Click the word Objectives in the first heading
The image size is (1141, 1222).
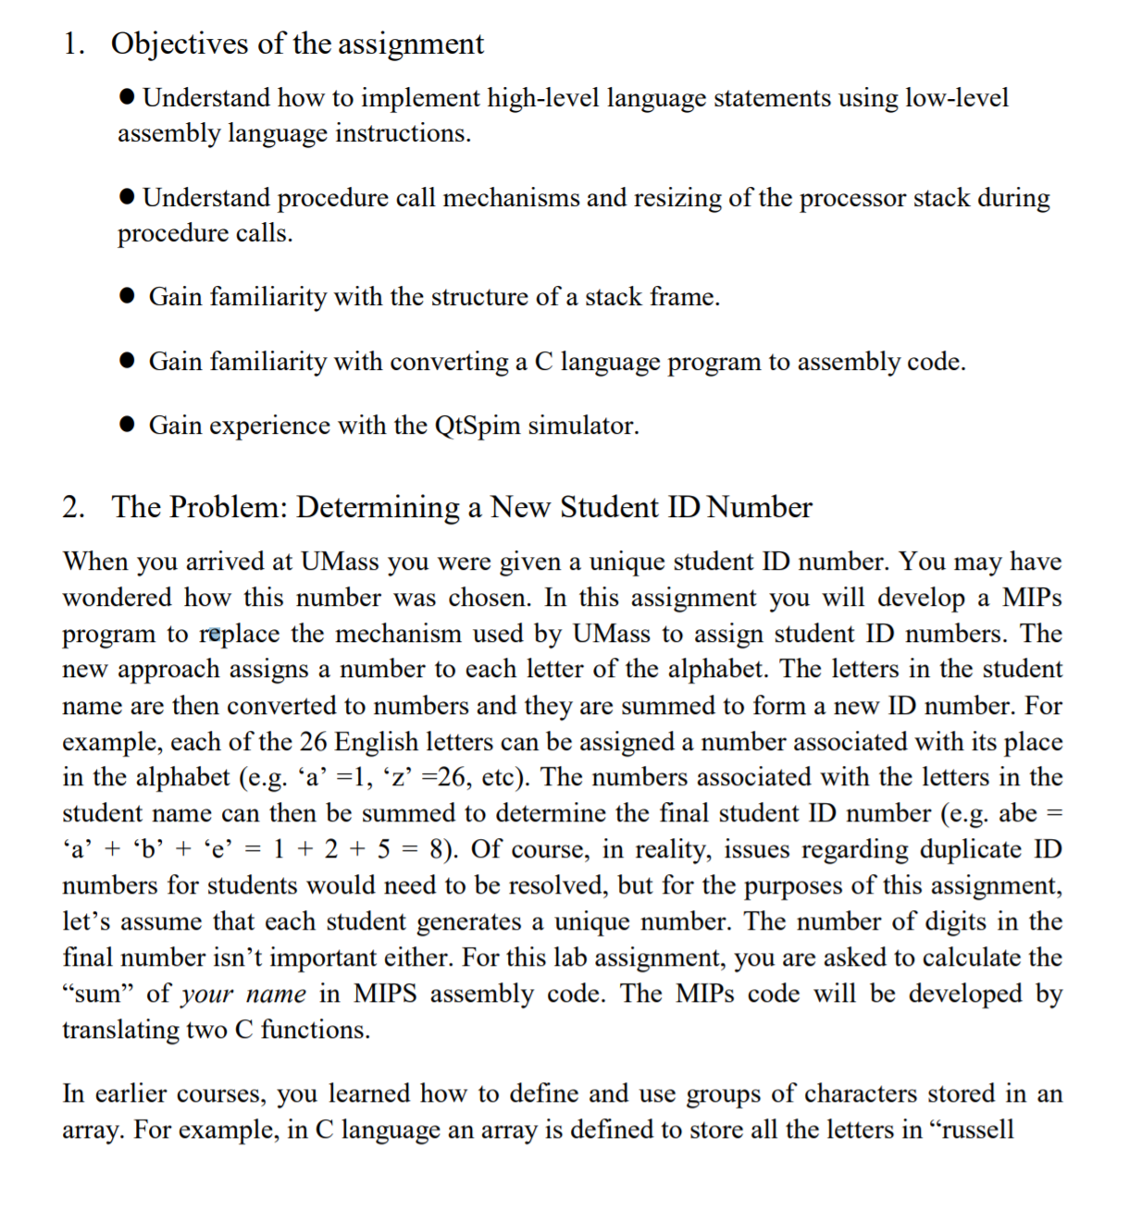[180, 43]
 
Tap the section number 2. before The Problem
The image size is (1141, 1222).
[74, 507]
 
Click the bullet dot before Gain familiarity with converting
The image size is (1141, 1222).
[129, 362]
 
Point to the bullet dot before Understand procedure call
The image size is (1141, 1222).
[129, 198]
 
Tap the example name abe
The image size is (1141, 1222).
[1017, 813]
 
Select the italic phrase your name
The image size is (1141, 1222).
[243, 994]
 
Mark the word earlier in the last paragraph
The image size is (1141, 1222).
[131, 1093]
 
